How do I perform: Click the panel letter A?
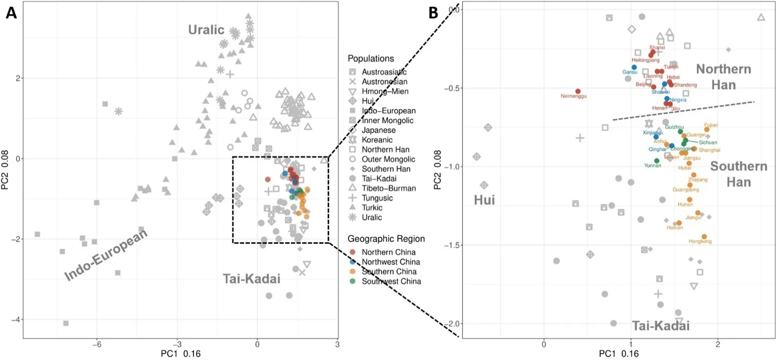[x=11, y=13]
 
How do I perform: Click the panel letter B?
[x=433, y=13]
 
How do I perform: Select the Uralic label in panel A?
[x=206, y=30]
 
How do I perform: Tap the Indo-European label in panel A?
[x=106, y=255]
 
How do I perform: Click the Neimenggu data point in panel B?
[x=578, y=92]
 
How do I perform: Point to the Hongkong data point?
[x=704, y=237]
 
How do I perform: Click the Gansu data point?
[x=634, y=68]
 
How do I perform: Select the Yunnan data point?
[x=657, y=161]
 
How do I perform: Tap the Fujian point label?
[x=711, y=125]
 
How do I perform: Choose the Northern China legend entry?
[x=389, y=252]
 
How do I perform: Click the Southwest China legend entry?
[x=391, y=281]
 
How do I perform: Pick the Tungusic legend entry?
[x=377, y=198]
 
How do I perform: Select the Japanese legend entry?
[x=379, y=130]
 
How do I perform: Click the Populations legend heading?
[x=371, y=58]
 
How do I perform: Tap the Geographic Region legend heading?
[x=386, y=239]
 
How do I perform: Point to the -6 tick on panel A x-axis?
[x=97, y=344]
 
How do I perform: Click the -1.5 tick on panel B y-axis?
[x=454, y=245]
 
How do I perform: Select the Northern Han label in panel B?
[x=724, y=77]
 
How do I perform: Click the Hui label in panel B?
[x=484, y=200]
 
